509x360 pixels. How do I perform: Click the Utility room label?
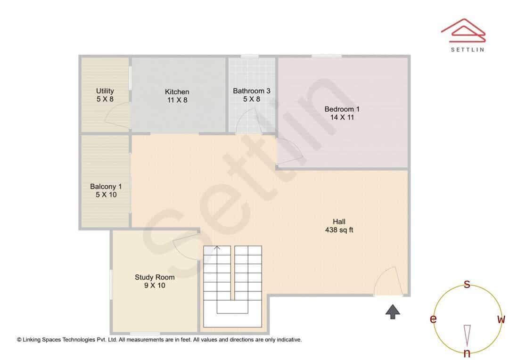point(105,91)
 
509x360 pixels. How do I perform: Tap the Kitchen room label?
point(177,92)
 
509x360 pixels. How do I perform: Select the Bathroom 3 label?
point(252,91)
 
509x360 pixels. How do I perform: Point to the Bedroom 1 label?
point(342,109)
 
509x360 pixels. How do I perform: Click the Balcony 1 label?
point(106,187)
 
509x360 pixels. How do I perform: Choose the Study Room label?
point(155,277)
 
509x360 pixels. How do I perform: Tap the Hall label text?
point(339,222)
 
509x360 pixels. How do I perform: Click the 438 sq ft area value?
point(339,230)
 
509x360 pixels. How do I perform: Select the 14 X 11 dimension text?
point(342,117)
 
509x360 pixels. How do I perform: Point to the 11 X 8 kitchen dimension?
point(177,100)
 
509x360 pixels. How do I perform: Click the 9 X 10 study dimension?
point(155,286)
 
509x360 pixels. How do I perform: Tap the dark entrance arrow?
point(393,311)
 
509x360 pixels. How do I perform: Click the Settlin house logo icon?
point(463,31)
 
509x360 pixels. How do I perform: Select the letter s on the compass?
point(467,284)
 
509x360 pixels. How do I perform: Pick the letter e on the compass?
point(433,319)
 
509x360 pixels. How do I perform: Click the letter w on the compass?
point(501,319)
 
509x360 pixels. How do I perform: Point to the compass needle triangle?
point(467,335)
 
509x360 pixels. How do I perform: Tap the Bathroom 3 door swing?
point(248,121)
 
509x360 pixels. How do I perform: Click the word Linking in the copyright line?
point(32,340)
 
